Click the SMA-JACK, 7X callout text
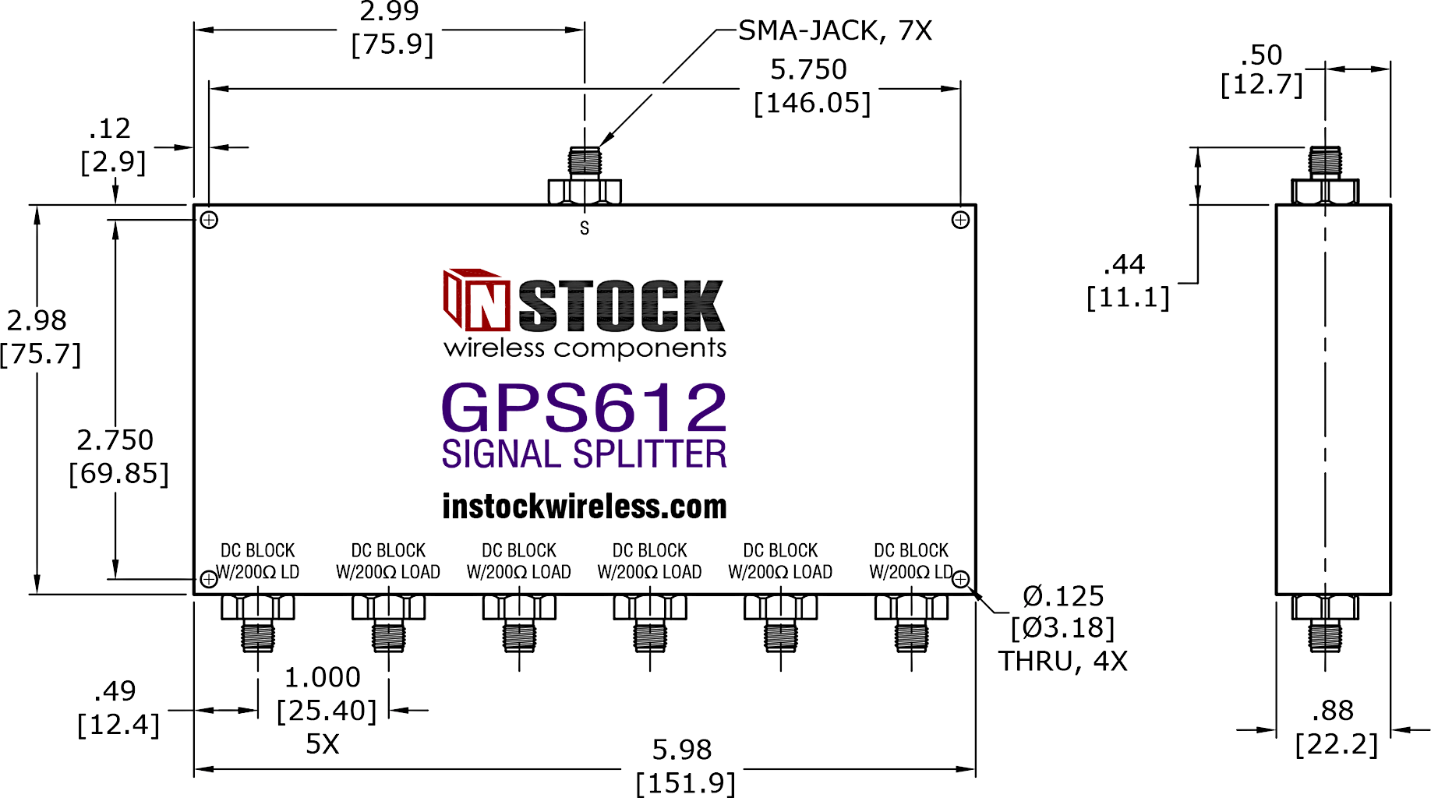pos(835,30)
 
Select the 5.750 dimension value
pos(808,69)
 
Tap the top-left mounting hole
pos(209,220)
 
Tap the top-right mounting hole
pos(960,220)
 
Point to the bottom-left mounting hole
pos(209,579)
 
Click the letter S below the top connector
pos(585,228)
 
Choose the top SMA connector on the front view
pos(585,175)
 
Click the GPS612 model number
pos(585,407)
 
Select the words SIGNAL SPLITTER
pos(585,454)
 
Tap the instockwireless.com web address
pos(585,507)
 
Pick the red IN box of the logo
pos(476,300)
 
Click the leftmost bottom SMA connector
pos(258,623)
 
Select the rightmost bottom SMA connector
pos(911,623)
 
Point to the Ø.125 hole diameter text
pos(1063,596)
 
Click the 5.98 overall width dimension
pos(682,750)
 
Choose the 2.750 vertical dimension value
pos(115,440)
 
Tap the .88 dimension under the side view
pos(1333,711)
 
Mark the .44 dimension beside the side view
pos(1124,265)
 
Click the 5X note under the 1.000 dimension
pos(323,744)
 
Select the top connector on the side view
pos(1325,175)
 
